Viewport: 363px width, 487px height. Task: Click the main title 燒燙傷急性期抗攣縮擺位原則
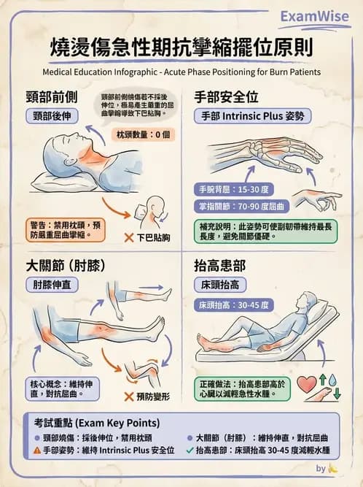tap(181, 48)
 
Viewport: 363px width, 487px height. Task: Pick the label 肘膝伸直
tap(55, 284)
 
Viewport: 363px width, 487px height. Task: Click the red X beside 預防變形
tap(128, 397)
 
